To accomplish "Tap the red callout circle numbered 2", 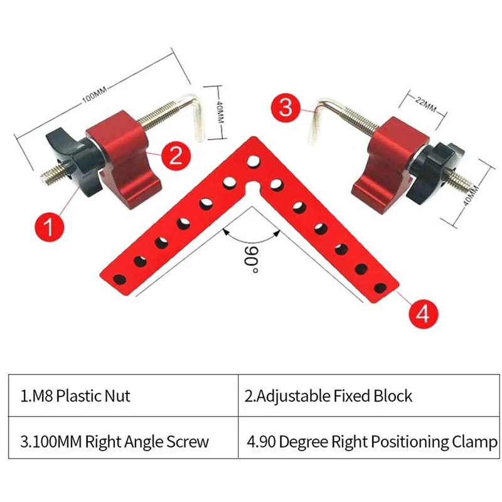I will (175, 156).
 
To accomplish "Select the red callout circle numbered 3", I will (286, 108).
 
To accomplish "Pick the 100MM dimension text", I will (95, 94).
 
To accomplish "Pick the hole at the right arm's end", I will (380, 289).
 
